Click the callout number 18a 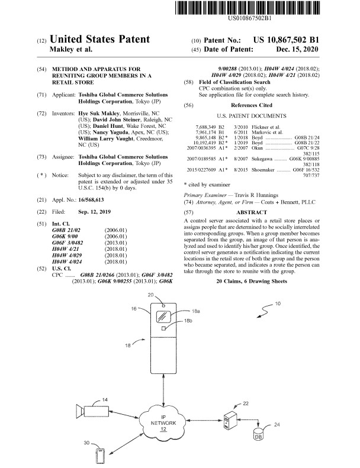coord(196,311)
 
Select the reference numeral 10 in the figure coord(278,304)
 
